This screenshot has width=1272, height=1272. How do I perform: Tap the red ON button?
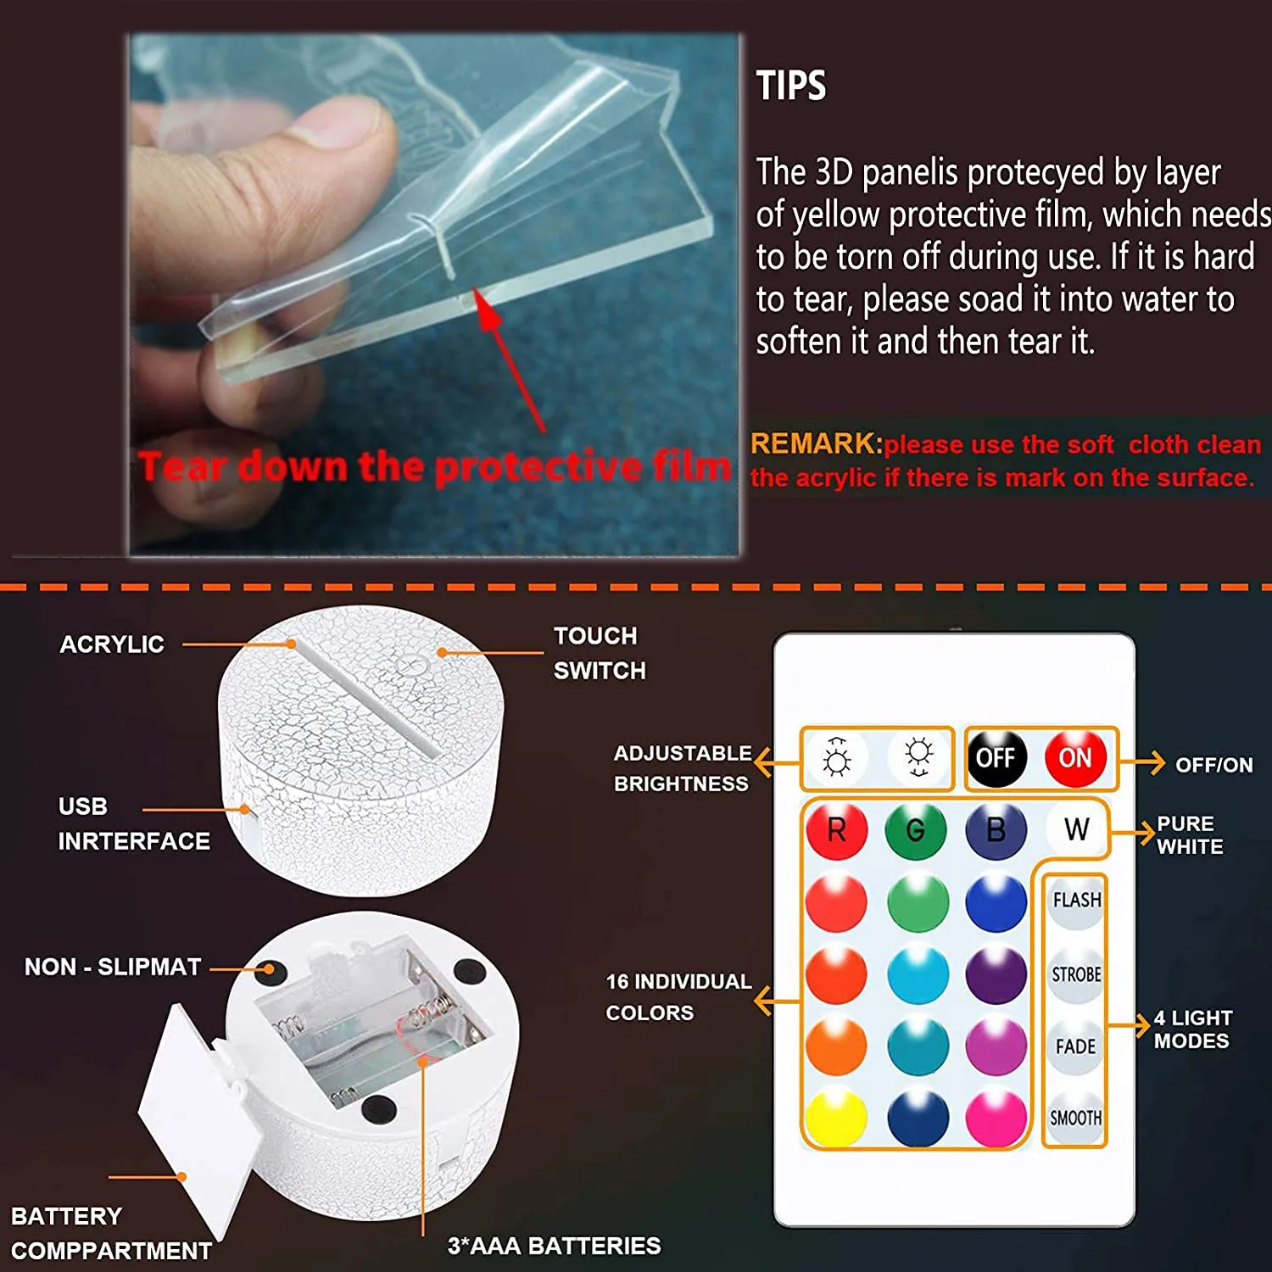[x=1074, y=757]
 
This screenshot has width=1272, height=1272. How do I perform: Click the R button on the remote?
[x=836, y=829]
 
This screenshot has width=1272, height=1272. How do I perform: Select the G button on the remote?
[x=915, y=829]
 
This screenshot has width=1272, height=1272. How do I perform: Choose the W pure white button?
[x=1076, y=829]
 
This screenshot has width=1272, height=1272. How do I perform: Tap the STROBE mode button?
[x=1076, y=974]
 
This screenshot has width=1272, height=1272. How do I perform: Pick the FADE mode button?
[x=1075, y=1046]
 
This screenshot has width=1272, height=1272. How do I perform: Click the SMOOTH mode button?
[x=1075, y=1119]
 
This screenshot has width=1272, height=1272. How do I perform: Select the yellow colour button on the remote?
[x=836, y=1117]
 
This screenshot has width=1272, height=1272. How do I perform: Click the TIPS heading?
[x=790, y=86]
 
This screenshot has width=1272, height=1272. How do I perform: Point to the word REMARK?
[x=813, y=444]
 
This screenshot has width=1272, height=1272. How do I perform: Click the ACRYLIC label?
[x=112, y=644]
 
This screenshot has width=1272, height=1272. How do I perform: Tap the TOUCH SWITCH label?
[x=599, y=653]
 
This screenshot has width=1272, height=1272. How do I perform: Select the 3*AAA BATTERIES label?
[x=554, y=1246]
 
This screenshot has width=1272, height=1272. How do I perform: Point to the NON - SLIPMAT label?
[x=113, y=967]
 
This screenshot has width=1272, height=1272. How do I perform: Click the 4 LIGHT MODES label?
[x=1192, y=1029]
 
